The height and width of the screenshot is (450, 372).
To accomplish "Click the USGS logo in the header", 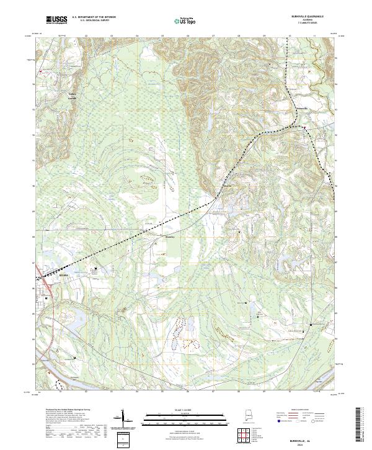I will tap(56, 20).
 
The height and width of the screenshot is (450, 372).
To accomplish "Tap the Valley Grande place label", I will tap(71, 97).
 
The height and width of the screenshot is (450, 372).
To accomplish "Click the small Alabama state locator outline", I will tap(249, 416).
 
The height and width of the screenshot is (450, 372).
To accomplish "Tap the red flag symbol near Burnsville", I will tap(304, 128).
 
